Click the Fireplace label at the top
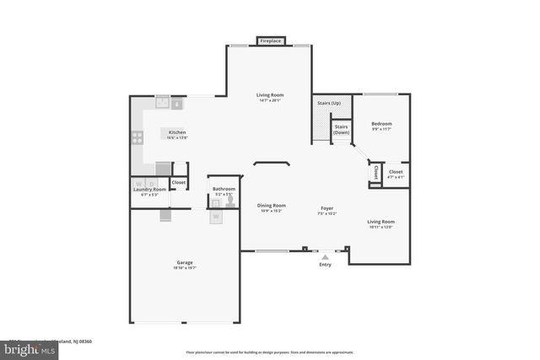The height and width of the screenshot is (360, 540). coord(270,40)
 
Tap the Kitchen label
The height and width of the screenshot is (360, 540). coord(177,132)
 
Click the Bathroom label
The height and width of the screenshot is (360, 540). coord(224,189)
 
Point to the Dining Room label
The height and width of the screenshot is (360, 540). coord(271,206)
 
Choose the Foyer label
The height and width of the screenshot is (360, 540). coord(327,208)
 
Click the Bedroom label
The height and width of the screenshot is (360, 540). coord(381,124)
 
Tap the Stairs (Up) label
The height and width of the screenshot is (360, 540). coord(328,103)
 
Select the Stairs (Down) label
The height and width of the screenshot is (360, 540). coord(341,130)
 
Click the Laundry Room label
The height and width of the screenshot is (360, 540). coord(149,190)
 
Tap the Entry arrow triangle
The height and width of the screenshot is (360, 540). coord(326,256)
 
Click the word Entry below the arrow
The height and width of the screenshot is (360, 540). coord(326,265)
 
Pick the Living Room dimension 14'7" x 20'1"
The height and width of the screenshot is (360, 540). coord(270,101)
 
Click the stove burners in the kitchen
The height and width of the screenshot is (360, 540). coord(136,140)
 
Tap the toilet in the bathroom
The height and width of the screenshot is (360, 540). coord(230,201)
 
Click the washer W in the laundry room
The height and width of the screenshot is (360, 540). coord(139,182)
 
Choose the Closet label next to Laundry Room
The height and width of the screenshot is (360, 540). coord(178,182)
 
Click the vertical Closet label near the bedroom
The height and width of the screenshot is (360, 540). coord(375,172)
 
